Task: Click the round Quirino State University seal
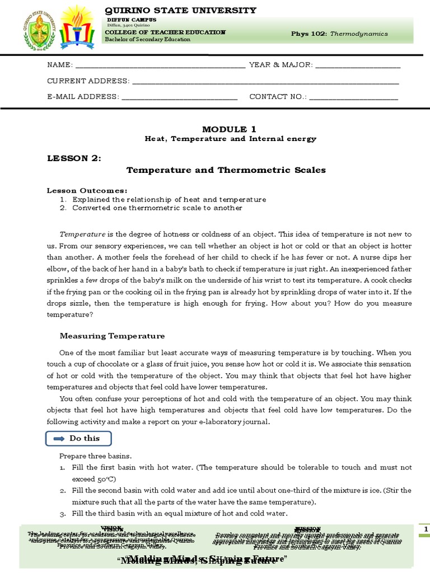click(40, 29)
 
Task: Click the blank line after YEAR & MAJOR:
click(358, 66)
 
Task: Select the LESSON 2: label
click(74, 158)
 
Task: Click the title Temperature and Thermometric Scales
click(226, 170)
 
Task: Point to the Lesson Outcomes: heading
click(87, 190)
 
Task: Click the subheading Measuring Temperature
click(113, 336)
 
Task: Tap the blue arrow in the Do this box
click(59, 439)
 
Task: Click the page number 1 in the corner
click(426, 529)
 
